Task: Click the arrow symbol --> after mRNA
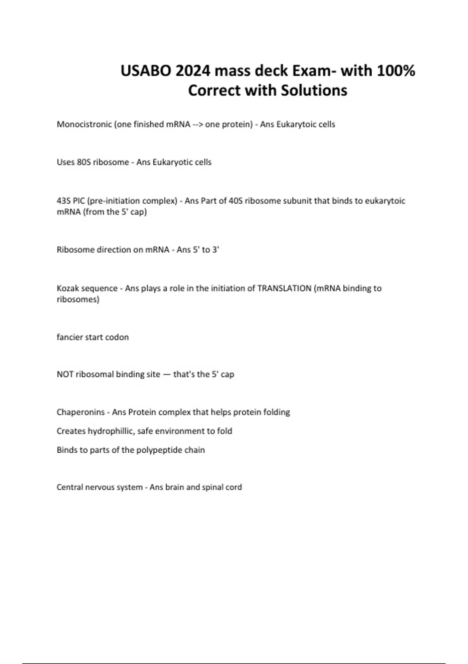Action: coord(198,124)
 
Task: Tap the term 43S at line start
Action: coord(64,201)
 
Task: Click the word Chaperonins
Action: coord(81,412)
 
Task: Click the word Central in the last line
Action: coord(69,487)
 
